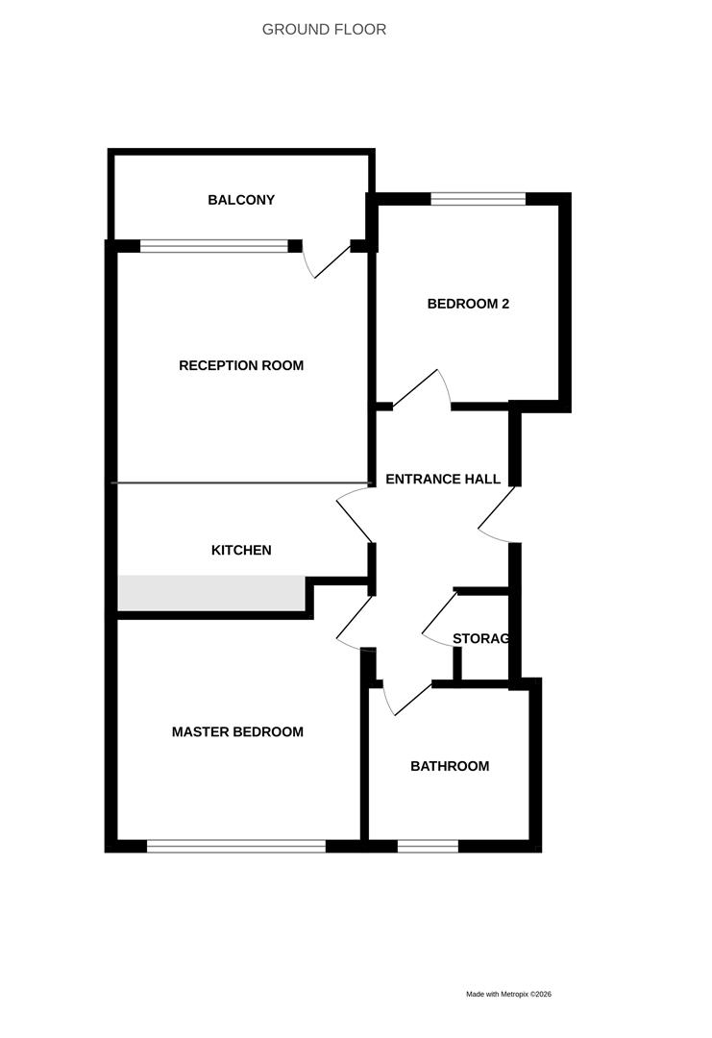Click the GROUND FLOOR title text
324,30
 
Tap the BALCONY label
241,200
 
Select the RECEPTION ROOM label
241,365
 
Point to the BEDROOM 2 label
468,304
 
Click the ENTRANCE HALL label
443,479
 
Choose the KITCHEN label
241,550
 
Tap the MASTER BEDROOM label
237,731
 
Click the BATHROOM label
450,766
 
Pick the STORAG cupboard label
480,638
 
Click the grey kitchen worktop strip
211,592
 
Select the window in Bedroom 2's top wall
478,199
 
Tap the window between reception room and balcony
214,246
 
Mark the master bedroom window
236,846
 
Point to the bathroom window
428,846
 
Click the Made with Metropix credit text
508,994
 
